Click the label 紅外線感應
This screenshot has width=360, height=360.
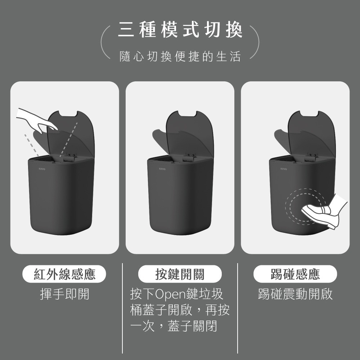point(65,275)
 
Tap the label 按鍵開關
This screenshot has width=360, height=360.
point(180,275)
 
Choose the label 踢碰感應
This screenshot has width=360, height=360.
point(295,275)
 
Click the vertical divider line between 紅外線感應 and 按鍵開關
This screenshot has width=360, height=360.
point(122,308)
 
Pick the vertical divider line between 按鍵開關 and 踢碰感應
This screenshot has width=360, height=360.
point(238,308)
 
